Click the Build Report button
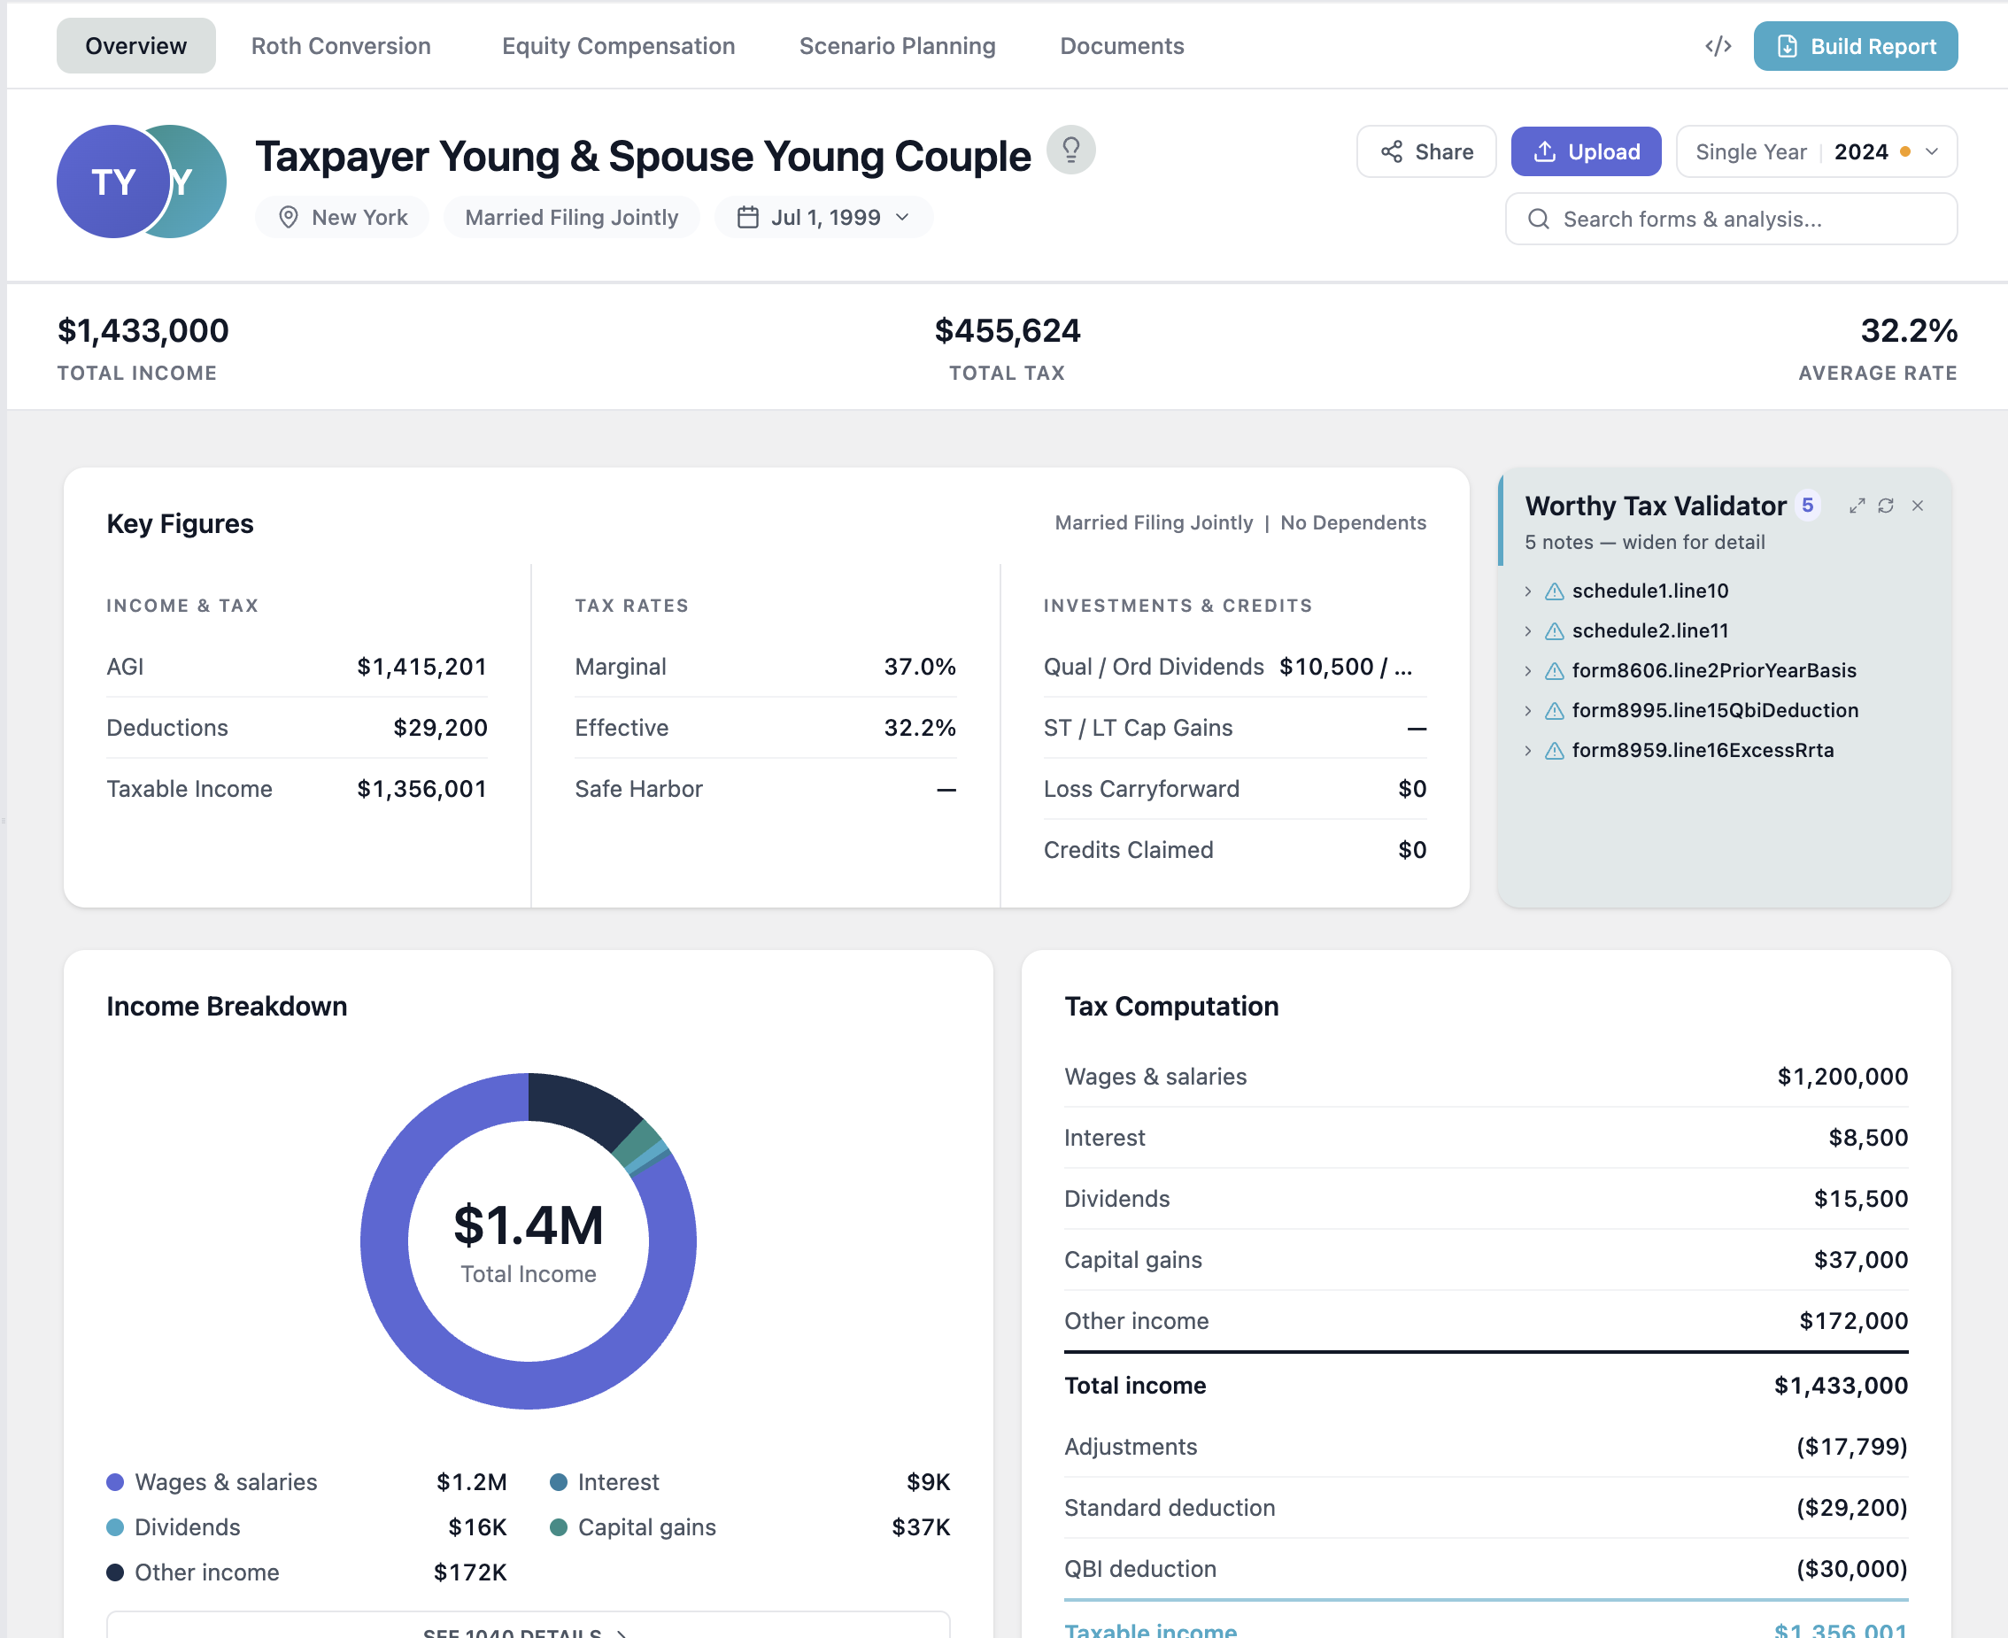[x=1854, y=46]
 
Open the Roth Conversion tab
[x=341, y=46]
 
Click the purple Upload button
[x=1586, y=152]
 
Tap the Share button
[x=1425, y=152]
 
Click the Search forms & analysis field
[x=1731, y=219]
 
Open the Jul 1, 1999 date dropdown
[x=823, y=218]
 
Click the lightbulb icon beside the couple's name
[x=1070, y=150]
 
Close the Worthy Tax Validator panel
[x=1918, y=506]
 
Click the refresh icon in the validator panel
[x=1885, y=506]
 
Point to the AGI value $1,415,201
[x=421, y=667]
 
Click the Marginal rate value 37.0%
[x=919, y=667]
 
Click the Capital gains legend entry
[x=646, y=1526]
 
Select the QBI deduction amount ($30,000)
[x=1850, y=1569]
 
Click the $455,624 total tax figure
[x=1007, y=331]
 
